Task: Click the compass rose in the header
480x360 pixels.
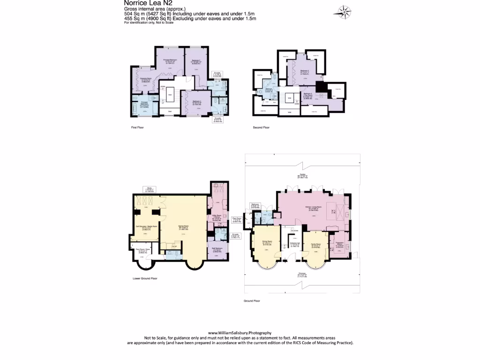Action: tap(345, 11)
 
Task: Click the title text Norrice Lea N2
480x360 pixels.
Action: tap(142, 3)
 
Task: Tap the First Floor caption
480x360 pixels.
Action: tap(137, 127)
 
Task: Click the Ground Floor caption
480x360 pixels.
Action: tap(252, 300)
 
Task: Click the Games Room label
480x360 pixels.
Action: tap(183, 228)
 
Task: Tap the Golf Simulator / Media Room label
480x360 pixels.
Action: tap(145, 228)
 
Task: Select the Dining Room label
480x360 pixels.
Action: tap(267, 243)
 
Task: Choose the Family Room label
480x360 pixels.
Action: tap(315, 245)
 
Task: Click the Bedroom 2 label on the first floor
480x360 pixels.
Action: tap(196, 61)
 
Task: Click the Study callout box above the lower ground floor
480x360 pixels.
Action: tap(150, 190)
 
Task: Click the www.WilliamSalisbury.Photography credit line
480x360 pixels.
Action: tap(240, 333)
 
